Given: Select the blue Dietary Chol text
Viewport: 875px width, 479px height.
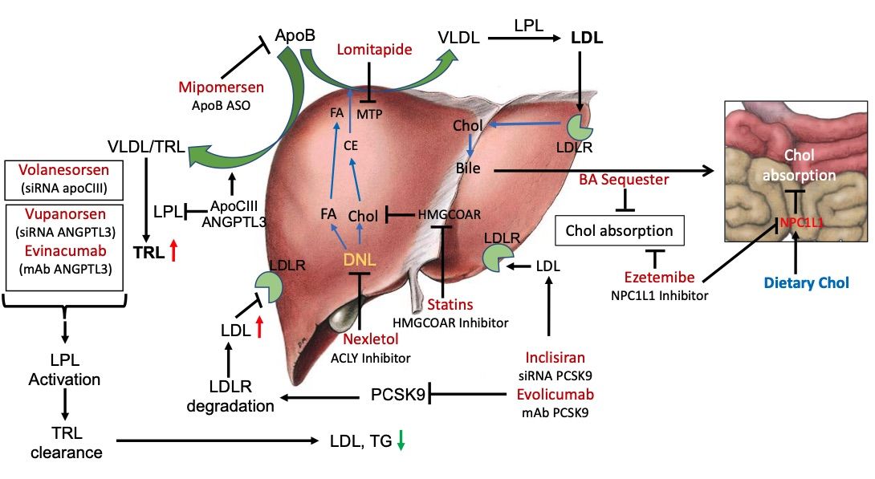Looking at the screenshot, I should (805, 282).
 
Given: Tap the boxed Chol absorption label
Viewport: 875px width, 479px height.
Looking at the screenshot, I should (619, 231).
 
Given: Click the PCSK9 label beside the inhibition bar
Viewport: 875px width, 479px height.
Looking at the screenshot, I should (397, 394).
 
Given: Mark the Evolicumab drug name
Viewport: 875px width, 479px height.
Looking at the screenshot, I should (556, 395).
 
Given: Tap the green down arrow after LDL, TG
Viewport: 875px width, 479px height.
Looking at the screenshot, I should (401, 440).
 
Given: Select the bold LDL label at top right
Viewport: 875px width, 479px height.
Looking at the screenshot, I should (587, 38).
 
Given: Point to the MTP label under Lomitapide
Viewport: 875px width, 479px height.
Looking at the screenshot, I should (369, 113).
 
